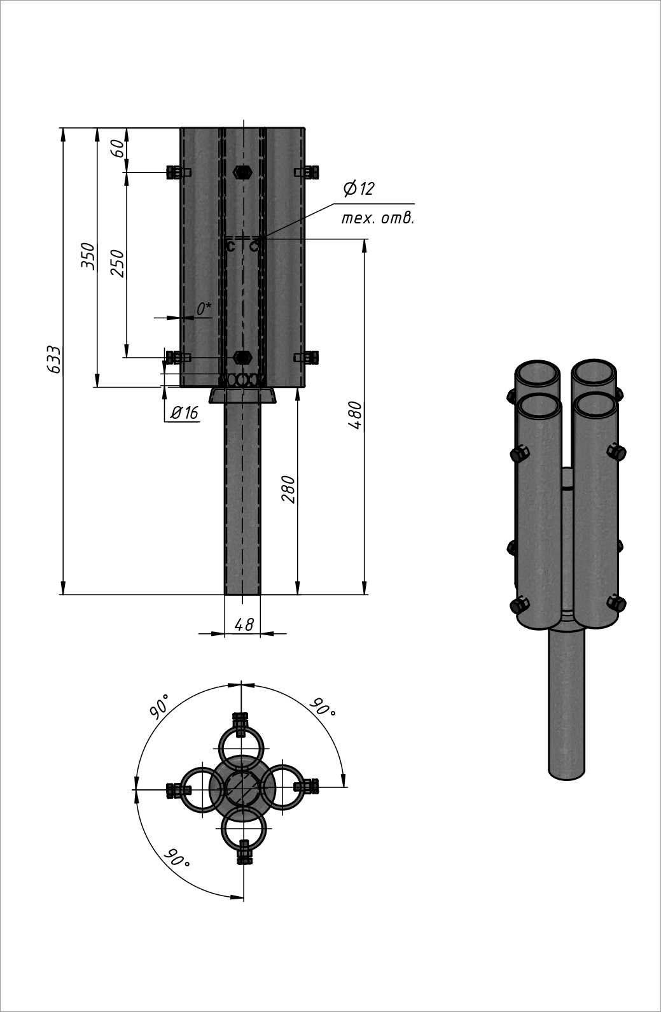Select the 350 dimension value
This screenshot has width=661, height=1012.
[x=88, y=256]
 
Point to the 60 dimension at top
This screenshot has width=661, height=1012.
[x=118, y=149]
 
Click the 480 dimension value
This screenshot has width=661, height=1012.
[x=356, y=416]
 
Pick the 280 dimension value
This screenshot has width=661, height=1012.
[x=289, y=489]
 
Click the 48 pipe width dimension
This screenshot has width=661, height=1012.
[x=244, y=625]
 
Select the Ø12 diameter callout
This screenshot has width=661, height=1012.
[x=359, y=189]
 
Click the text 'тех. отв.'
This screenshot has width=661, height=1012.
[x=378, y=219]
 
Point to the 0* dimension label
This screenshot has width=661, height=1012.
[x=204, y=309]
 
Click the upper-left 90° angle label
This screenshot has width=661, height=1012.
[x=160, y=706]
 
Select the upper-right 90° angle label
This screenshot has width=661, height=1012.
[x=323, y=707]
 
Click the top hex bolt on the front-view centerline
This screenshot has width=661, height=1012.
[x=242, y=172]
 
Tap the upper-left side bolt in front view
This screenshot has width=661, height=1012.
[x=177, y=172]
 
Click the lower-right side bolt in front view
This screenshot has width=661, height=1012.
[x=307, y=357]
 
